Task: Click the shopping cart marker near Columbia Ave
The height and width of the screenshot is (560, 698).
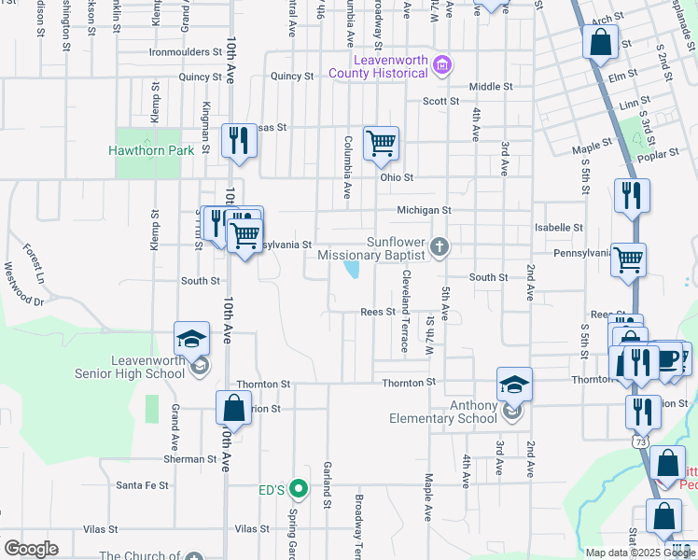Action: (x=381, y=144)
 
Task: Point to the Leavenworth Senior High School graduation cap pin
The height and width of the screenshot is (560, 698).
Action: (x=191, y=339)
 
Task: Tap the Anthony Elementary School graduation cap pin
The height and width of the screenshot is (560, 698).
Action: (x=514, y=384)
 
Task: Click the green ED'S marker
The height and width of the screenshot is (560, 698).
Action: (x=298, y=487)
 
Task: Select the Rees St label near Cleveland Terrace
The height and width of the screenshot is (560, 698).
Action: (x=379, y=313)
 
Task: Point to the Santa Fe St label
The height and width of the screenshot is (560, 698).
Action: (x=142, y=485)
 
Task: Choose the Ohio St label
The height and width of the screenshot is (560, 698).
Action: (x=396, y=176)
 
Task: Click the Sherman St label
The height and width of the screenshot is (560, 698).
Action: (x=189, y=459)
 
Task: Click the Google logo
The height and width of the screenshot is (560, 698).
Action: (x=30, y=549)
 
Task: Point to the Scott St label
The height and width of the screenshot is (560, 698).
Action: (x=440, y=101)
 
